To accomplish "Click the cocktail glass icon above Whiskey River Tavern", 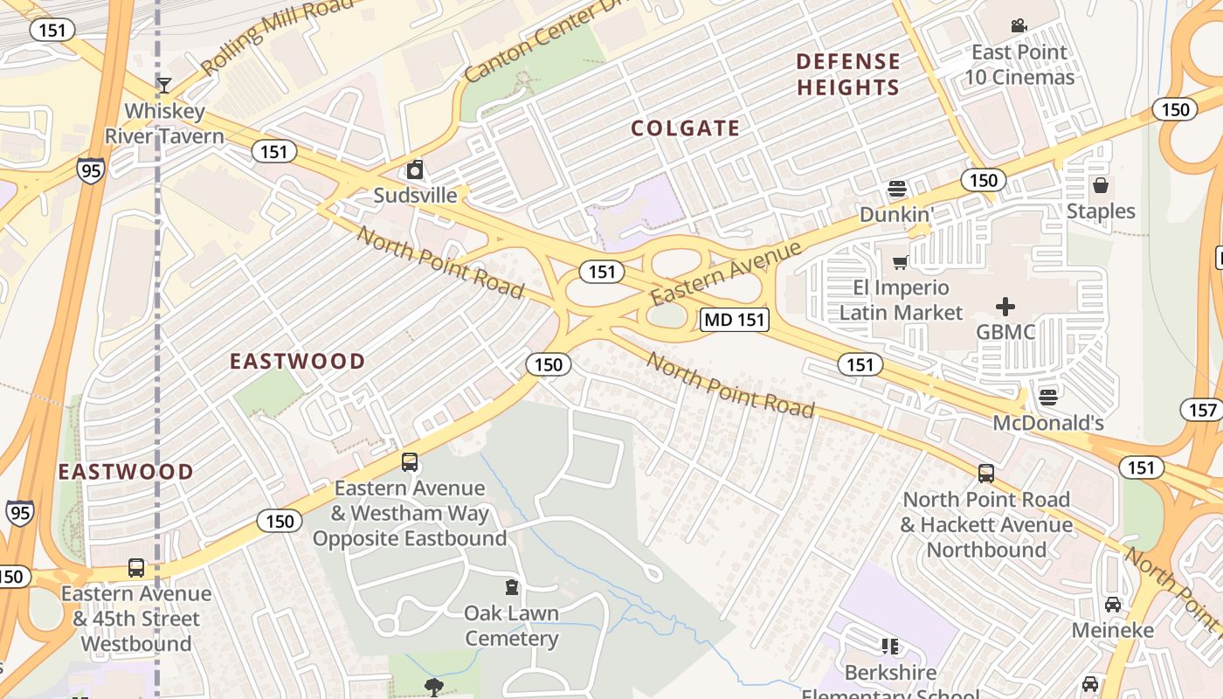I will [163, 85].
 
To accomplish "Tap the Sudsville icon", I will [415, 169].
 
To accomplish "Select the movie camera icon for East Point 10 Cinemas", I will [1019, 26].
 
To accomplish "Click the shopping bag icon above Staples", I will [1101, 185].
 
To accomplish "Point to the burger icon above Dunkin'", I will [896, 189].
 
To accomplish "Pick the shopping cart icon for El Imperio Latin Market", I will [901, 262].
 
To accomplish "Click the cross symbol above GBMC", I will [1005, 307].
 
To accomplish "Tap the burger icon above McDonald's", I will [1048, 398].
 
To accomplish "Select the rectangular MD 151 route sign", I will [735, 320].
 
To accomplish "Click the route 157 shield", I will [1202, 409].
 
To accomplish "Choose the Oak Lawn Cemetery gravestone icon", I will [511, 587].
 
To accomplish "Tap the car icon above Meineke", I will [1112, 605].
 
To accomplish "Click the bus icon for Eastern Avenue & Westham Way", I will [409, 462].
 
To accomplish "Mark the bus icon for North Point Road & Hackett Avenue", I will [986, 474].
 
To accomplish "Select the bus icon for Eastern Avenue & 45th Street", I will [136, 568].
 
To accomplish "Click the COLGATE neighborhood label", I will [686, 128].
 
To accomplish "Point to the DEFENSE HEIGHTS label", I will [847, 74].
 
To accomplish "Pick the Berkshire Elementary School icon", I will [890, 647].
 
